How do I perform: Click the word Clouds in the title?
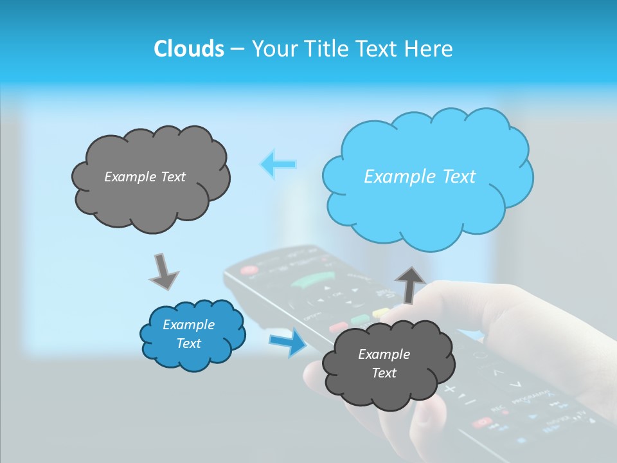(188, 49)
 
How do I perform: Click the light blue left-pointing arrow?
(278, 164)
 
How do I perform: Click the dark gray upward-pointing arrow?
(410, 284)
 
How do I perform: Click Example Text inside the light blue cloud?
(420, 177)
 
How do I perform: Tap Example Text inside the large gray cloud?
(145, 177)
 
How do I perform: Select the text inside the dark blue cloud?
(188, 334)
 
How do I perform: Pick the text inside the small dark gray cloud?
(384, 363)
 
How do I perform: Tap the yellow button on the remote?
(381, 313)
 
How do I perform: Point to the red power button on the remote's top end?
(249, 270)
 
